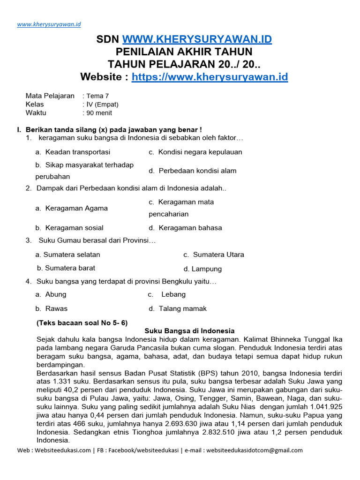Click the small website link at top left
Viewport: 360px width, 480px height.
[x=49, y=24]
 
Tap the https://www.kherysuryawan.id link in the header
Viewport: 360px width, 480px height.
[x=210, y=77]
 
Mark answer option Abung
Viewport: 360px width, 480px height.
[x=55, y=294]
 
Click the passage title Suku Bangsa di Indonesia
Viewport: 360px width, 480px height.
[x=189, y=330]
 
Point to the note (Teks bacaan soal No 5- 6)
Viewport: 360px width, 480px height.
[x=82, y=322]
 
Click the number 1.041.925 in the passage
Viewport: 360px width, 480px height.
[x=319, y=407]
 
